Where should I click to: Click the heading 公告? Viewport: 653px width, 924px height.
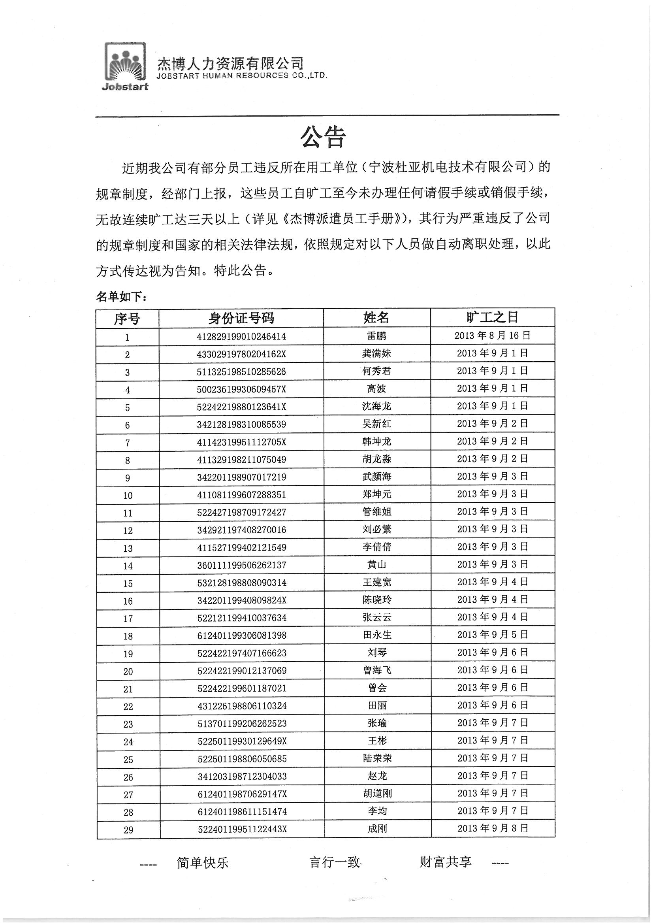tap(323, 138)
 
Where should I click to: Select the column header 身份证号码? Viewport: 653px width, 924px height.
tap(241, 318)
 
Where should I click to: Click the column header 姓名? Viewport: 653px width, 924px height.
tap(376, 318)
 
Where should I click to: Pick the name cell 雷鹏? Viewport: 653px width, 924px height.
tap(376, 336)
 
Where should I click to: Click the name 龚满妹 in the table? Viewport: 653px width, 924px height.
tap(376, 354)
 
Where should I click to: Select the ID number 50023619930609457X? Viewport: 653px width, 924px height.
tap(241, 389)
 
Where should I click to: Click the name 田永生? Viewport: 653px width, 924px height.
tap(376, 635)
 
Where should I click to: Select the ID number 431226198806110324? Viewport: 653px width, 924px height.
tap(242, 706)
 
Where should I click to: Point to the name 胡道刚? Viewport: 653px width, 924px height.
tap(377, 794)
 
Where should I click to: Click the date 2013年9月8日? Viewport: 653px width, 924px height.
tap(493, 828)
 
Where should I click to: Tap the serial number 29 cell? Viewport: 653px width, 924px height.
tap(128, 830)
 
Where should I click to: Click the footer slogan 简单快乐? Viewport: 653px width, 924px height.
tap(202, 863)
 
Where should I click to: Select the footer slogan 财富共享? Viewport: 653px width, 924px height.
tap(445, 862)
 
